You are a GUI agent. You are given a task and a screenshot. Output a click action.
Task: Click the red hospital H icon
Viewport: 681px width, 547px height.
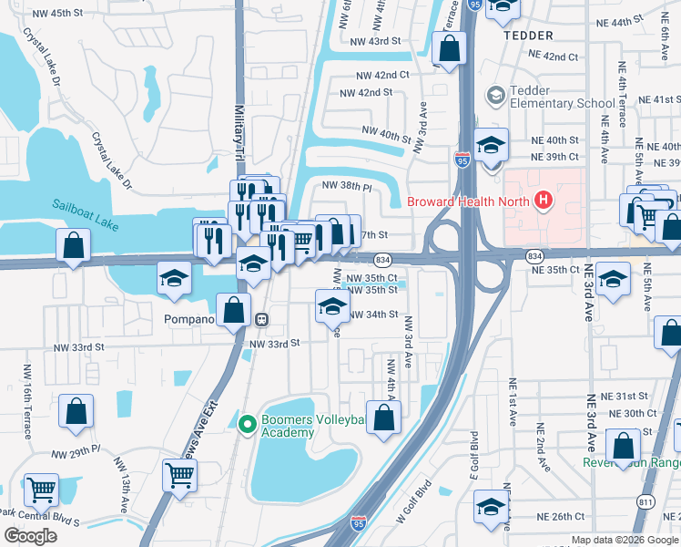544,201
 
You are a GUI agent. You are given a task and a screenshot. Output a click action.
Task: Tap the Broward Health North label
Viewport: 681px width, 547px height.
470,201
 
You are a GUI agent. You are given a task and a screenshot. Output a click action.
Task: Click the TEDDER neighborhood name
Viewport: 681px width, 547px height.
527,35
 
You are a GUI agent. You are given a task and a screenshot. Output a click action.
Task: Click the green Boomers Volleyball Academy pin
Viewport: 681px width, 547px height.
245,423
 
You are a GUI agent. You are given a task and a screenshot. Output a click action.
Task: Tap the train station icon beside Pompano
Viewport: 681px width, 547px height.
261,320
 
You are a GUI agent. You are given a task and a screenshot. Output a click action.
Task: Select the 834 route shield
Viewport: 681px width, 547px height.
383,260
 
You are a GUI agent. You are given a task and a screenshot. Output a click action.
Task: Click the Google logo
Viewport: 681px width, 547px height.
30,535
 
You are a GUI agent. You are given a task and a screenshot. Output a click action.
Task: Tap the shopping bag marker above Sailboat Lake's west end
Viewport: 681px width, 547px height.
73,247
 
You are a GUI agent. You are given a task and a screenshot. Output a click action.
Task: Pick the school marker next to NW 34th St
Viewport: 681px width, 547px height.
332,306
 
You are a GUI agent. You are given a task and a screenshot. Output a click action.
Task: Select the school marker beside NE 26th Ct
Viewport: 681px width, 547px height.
491,508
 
